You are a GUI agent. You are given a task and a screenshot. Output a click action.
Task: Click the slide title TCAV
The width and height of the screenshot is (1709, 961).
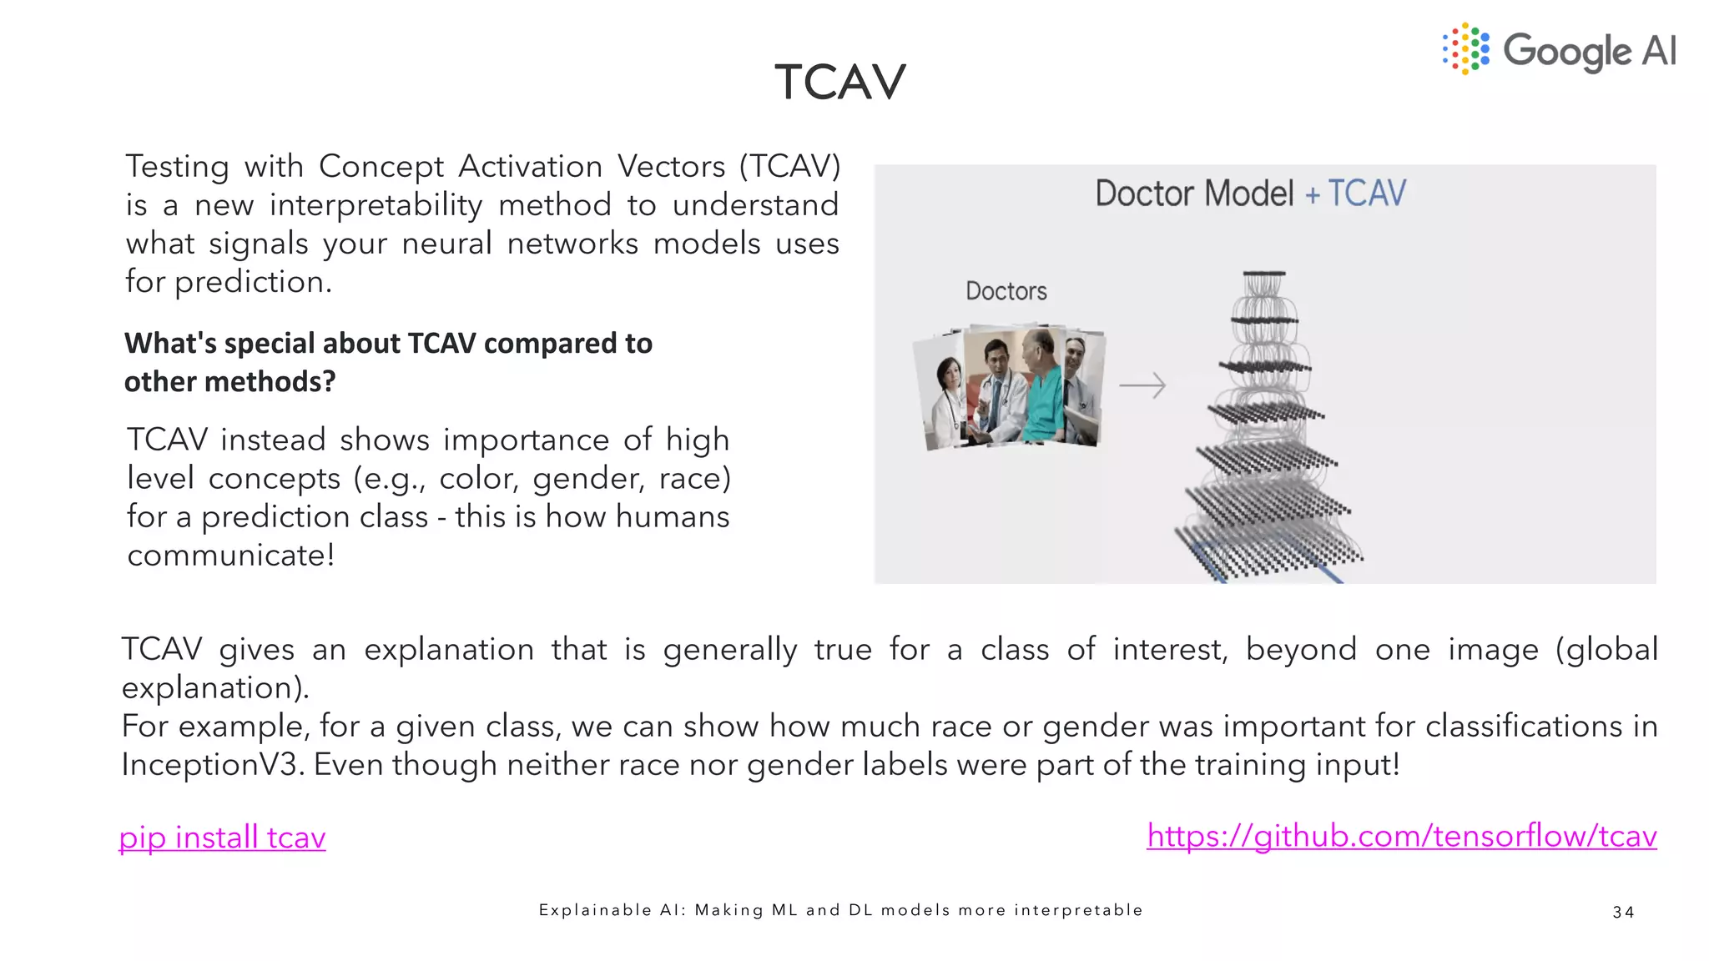[839, 82]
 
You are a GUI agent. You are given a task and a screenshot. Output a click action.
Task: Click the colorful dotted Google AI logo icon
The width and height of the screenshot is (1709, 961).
[1465, 49]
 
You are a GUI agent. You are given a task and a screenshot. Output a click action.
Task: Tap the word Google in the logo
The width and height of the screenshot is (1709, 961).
[1566, 52]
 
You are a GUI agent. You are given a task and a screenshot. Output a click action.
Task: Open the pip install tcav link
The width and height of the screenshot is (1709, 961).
[222, 837]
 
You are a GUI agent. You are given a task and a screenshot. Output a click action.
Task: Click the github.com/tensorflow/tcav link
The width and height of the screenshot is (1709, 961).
[1401, 835]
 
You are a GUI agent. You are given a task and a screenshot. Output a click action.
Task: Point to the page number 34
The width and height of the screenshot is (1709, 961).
[1623, 912]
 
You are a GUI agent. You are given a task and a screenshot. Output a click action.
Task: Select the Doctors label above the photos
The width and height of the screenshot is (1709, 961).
[1006, 291]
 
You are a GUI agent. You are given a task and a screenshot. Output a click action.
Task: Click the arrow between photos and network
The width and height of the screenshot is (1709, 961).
[1142, 385]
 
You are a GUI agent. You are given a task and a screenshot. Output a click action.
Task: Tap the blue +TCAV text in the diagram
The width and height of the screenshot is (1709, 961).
[1356, 194]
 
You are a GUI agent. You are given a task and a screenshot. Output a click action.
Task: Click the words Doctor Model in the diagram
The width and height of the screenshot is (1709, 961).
[1193, 194]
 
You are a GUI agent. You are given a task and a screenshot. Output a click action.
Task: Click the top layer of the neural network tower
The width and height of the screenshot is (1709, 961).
[1263, 274]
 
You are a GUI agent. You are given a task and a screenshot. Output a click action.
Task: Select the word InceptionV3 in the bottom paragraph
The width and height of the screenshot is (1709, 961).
[212, 764]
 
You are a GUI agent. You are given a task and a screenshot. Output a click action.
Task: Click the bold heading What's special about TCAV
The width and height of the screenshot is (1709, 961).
[388, 344]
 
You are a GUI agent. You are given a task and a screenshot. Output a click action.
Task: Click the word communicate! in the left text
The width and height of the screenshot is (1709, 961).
[231, 556]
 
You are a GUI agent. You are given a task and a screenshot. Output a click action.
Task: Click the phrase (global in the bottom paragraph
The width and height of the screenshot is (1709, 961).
[1606, 649]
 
